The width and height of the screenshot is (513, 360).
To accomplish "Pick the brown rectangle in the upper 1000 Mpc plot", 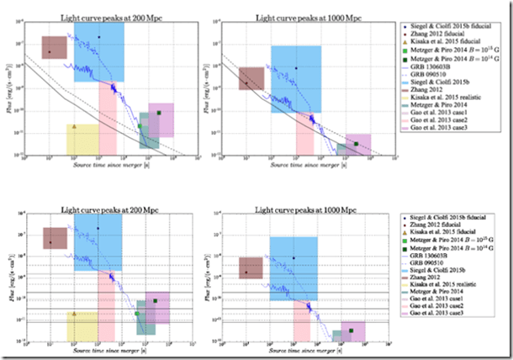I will (x=251, y=78).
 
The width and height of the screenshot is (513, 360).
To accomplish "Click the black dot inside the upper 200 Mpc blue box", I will (x=98, y=37).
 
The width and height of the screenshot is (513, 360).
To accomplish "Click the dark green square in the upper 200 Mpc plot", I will (x=159, y=112).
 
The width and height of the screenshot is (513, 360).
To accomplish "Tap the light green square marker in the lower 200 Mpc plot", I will (x=136, y=314).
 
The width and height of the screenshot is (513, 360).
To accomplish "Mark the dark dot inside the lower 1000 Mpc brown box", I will (x=246, y=273).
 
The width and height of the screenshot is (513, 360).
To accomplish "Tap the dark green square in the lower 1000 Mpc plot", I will (x=351, y=331).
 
